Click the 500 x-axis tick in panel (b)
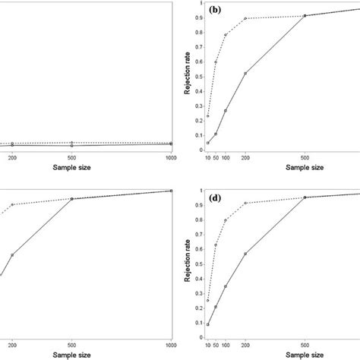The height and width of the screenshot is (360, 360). coord(305,157)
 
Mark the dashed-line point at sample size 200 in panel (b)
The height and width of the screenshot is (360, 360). coord(245,18)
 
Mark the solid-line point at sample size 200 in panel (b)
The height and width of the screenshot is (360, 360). coord(245,73)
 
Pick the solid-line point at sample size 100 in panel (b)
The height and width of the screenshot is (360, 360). coord(226,111)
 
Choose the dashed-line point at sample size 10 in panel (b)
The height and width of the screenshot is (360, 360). coord(208,116)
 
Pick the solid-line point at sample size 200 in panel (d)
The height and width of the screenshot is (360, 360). coord(245,254)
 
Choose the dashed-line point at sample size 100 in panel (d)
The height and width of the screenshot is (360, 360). coord(226,220)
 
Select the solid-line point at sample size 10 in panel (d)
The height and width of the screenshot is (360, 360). coord(208,324)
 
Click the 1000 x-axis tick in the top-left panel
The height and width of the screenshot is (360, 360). coord(172,157)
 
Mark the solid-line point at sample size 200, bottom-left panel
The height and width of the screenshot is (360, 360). coord(12,255)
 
